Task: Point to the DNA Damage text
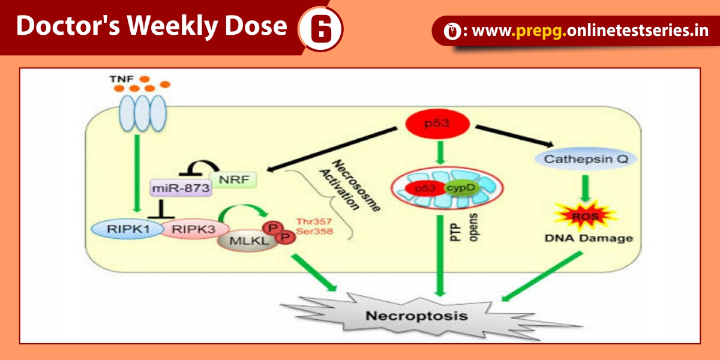580,238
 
